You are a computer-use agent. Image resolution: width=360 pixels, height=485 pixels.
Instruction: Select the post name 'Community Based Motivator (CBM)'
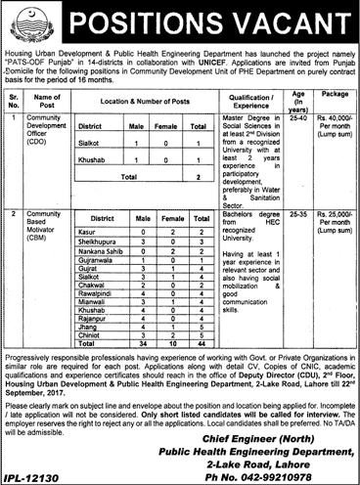click(45, 248)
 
